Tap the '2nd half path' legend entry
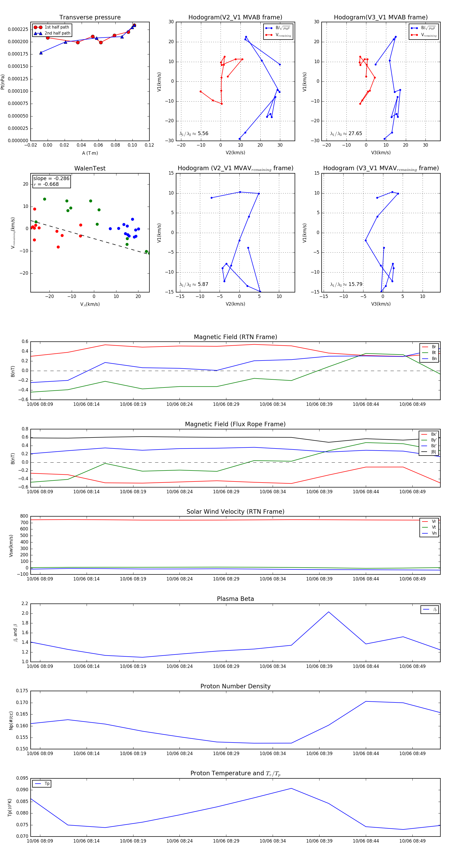tap(57, 33)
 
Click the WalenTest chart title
tap(90, 168)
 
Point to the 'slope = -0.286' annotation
tap(51, 179)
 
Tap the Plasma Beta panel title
tap(235, 599)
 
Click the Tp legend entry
tap(47, 784)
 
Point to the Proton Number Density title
tap(235, 686)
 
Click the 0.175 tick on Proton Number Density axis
tap(22, 691)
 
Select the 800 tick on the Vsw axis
tap(24, 516)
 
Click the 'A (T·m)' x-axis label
tap(90, 153)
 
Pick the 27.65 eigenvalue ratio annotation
tap(346, 134)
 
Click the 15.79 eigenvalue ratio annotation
tap(346, 284)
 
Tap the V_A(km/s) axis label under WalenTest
tap(90, 304)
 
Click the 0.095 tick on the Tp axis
tap(22, 778)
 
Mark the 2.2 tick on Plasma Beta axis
tap(25, 603)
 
